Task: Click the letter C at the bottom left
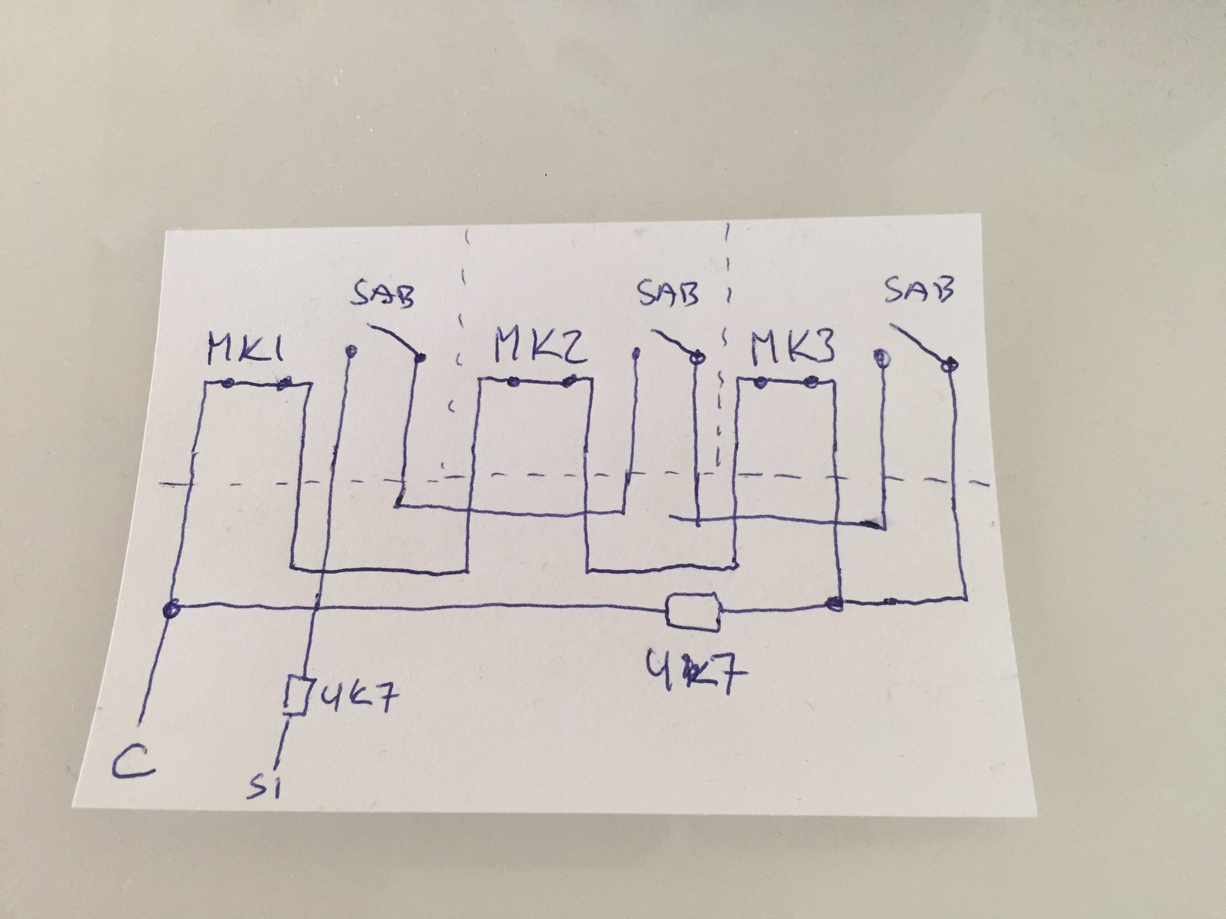[x=133, y=760]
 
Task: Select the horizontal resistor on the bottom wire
[x=693, y=611]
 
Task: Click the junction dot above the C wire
[x=171, y=611]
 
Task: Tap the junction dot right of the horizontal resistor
[x=833, y=604]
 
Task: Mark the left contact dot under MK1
[x=226, y=384]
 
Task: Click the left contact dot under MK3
[x=760, y=382]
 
